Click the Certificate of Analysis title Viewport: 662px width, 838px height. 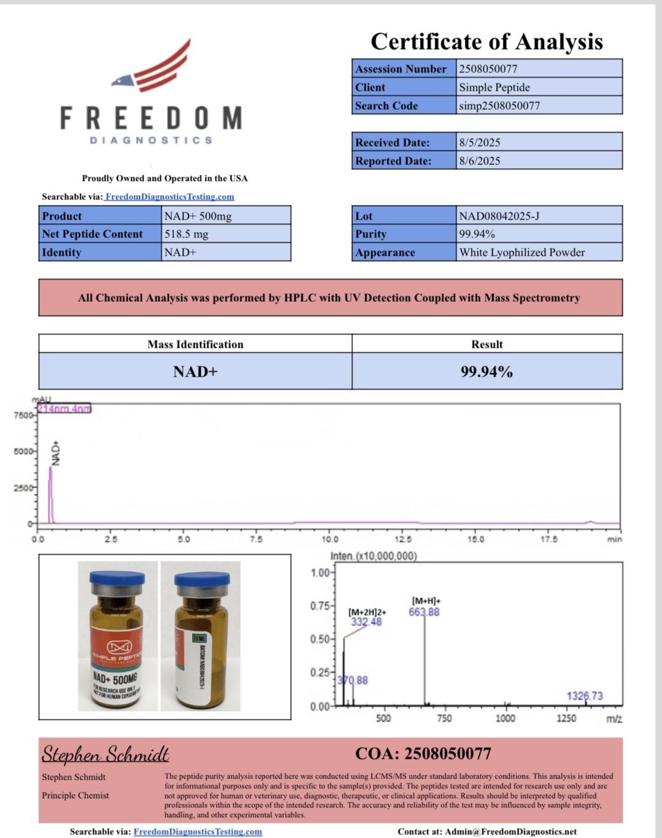[486, 42]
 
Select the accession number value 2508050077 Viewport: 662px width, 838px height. [488, 69]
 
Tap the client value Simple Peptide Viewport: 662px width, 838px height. [494, 87]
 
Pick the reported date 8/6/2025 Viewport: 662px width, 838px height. [480, 161]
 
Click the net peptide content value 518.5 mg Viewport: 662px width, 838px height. [187, 234]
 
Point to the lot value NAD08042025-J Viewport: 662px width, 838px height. [499, 216]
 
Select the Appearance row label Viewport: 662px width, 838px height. [385, 252]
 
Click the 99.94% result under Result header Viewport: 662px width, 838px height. [486, 372]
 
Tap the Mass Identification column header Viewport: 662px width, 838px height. [195, 344]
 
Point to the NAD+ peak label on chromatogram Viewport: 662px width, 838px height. [56, 453]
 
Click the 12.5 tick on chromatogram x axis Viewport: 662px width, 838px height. [403, 539]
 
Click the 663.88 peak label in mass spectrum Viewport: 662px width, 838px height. [424, 612]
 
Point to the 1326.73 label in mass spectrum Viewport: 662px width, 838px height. [585, 696]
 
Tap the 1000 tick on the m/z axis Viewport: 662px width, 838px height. [505, 718]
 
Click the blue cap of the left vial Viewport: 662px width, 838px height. [117, 578]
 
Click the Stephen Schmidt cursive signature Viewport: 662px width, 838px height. [105, 754]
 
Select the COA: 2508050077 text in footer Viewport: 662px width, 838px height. [423, 753]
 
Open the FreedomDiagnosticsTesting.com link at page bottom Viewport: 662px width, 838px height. [198, 832]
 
